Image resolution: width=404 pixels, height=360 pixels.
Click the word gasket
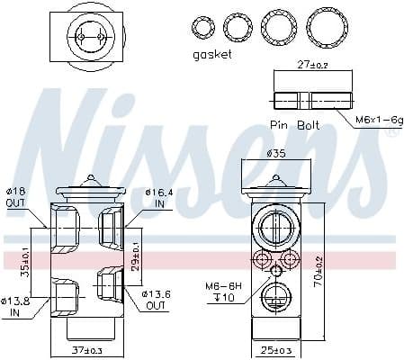point(212,55)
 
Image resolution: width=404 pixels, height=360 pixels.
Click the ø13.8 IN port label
point(16,306)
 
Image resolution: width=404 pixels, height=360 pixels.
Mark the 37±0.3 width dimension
point(88,349)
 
